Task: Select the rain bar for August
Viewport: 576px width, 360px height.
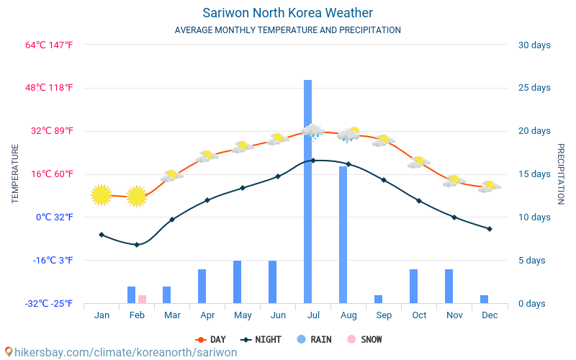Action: click(343, 235)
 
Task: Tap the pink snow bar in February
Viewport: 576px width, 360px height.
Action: click(142, 299)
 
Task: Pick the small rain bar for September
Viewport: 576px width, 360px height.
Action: click(378, 299)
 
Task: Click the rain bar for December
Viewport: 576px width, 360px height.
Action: click(484, 299)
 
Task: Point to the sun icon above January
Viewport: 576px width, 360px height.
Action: click(102, 194)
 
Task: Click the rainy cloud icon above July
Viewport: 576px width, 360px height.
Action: click(313, 131)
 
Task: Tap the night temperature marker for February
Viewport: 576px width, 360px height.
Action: click(137, 245)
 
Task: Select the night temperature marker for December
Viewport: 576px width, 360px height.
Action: click(490, 229)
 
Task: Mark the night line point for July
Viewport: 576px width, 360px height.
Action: click(313, 161)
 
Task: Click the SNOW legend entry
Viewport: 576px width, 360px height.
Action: click(365, 340)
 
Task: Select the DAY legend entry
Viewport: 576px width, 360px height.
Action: click(211, 340)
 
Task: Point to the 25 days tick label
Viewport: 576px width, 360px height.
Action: click(534, 88)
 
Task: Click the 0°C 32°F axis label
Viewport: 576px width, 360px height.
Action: click(55, 217)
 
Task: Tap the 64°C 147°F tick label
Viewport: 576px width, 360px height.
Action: click(50, 45)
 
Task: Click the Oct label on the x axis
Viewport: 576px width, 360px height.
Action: click(419, 315)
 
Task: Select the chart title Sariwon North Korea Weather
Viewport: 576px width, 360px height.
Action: click(288, 13)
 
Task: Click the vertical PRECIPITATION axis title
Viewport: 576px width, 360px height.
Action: click(560, 174)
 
